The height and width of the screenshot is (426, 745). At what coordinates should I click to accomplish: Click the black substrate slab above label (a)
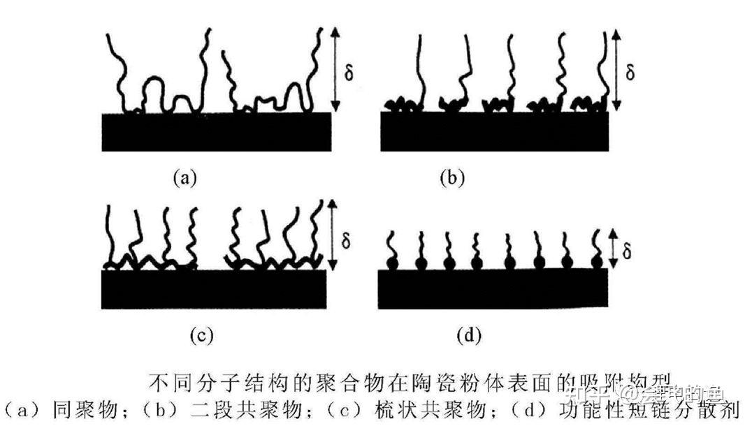point(217,131)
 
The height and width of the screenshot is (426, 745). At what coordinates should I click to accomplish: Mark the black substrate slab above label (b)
point(494,131)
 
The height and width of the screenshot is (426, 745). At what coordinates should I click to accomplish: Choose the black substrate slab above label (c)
point(214,288)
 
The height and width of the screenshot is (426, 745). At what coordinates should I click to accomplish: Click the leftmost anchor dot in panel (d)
point(393,264)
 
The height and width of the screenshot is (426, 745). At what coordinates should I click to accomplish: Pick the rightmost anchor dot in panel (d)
point(596,262)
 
